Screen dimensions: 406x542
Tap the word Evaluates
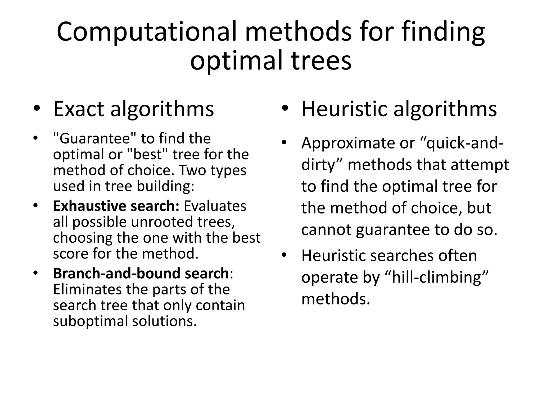click(215, 206)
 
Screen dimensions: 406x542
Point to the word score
click(70, 254)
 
